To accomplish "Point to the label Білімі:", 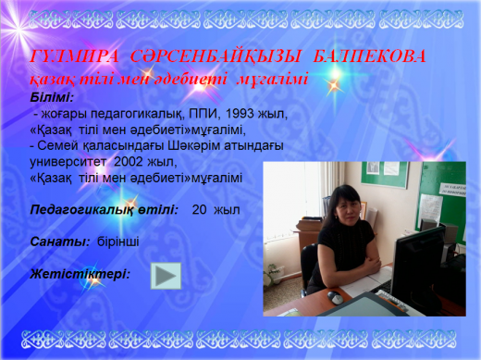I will coord(51,96).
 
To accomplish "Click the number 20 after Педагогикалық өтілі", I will coord(200,210).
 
